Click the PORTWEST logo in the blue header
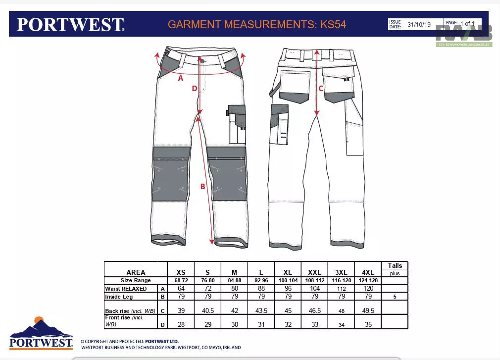70,24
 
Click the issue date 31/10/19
419,24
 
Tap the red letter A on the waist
181,78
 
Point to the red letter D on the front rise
195,89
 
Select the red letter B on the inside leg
202,187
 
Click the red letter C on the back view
321,89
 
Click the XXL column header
314,272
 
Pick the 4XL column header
368,272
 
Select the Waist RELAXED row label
126,288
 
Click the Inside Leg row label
119,297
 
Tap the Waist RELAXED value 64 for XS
181,288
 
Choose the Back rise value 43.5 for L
261,310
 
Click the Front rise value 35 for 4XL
368,324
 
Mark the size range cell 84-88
234,280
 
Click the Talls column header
395,266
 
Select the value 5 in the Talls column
395,297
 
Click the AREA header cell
136,272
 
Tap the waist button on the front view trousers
202,60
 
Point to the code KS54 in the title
333,24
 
